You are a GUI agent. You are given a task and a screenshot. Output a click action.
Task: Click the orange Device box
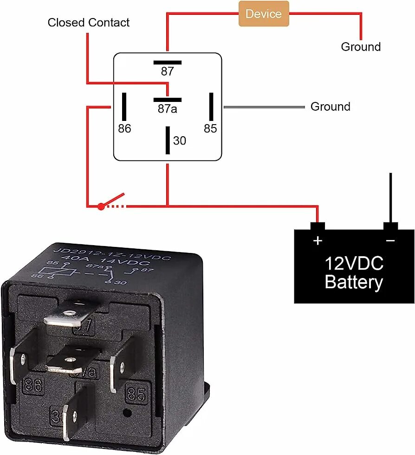pyautogui.click(x=264, y=14)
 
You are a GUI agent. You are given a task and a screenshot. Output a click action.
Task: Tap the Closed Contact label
pyautogui.click(x=88, y=22)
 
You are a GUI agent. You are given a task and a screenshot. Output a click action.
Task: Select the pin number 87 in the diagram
pyautogui.click(x=167, y=71)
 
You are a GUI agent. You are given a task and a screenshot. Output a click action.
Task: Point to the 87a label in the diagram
pyautogui.click(x=167, y=108)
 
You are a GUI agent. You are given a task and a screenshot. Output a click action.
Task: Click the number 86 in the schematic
pyautogui.click(x=124, y=128)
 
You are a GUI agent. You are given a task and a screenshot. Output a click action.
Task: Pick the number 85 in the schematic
pyautogui.click(x=210, y=128)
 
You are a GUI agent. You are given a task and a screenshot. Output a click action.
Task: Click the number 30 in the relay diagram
pyautogui.click(x=179, y=140)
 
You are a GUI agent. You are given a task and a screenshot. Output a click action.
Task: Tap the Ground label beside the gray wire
pyautogui.click(x=330, y=107)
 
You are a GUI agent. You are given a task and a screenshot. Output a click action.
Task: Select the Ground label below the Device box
pyautogui.click(x=361, y=47)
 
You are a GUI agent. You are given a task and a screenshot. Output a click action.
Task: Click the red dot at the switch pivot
pyautogui.click(x=101, y=207)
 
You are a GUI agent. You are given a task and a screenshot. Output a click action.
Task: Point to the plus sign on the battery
pyautogui.click(x=318, y=240)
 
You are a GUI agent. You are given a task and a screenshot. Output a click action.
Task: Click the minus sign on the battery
pyautogui.click(x=390, y=240)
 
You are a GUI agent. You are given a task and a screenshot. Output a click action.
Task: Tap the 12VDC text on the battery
pyautogui.click(x=354, y=264)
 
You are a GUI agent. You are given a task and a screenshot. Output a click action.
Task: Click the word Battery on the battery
pyautogui.click(x=354, y=282)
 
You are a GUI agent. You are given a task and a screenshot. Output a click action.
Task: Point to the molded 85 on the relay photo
pyautogui.click(x=136, y=394)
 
